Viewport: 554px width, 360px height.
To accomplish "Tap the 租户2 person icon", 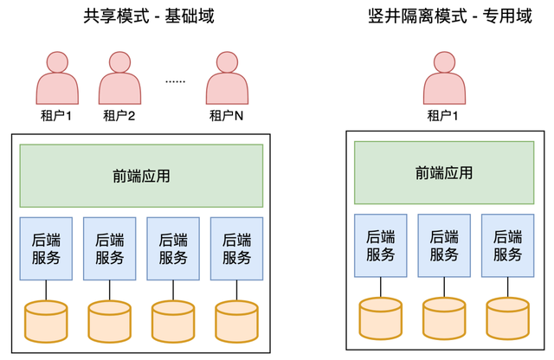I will click(x=119, y=77).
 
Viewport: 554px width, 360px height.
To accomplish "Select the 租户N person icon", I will click(x=227, y=77).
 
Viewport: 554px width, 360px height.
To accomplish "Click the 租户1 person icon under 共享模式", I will click(x=56, y=77).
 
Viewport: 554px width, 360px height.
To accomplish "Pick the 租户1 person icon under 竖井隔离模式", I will click(x=443, y=77).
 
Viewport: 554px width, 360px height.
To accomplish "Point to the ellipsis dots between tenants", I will click(x=175, y=80).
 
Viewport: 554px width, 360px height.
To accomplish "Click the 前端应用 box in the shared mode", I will click(x=141, y=176).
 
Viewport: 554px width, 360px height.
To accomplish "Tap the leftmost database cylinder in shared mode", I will click(x=46, y=319).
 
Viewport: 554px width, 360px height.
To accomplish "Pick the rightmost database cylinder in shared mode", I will click(x=236, y=319).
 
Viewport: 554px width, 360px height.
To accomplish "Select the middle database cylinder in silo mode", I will click(x=443, y=316).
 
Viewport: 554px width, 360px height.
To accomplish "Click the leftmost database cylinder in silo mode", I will click(x=380, y=316).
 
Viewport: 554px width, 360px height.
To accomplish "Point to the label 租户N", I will click(x=227, y=115).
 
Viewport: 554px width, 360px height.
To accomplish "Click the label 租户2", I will click(x=119, y=115).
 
